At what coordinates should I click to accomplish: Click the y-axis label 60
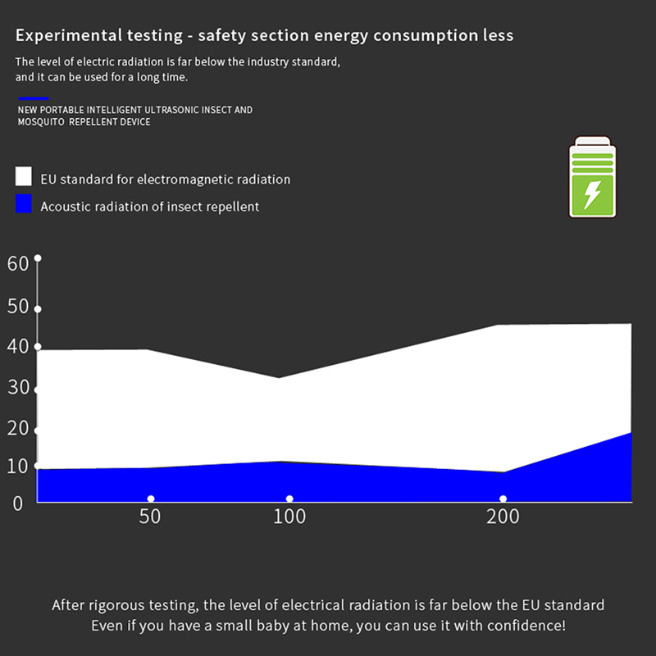click(x=18, y=264)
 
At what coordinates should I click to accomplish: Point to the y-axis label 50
click(x=18, y=307)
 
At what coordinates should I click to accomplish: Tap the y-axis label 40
click(x=18, y=347)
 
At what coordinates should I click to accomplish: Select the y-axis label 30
click(x=18, y=387)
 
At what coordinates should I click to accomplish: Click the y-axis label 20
click(x=18, y=427)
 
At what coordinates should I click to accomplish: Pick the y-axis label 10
click(x=18, y=467)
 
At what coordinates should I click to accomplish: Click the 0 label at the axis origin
click(x=18, y=502)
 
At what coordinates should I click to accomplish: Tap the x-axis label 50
click(x=149, y=517)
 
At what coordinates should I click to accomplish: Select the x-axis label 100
click(x=289, y=517)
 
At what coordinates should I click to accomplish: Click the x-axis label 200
click(x=503, y=517)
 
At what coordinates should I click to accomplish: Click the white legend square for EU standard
click(x=24, y=176)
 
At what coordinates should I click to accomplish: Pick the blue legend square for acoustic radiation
click(x=24, y=204)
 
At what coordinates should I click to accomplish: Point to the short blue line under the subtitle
click(x=33, y=98)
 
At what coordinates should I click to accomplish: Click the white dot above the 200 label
click(x=503, y=499)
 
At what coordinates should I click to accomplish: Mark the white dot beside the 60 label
click(x=37, y=258)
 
